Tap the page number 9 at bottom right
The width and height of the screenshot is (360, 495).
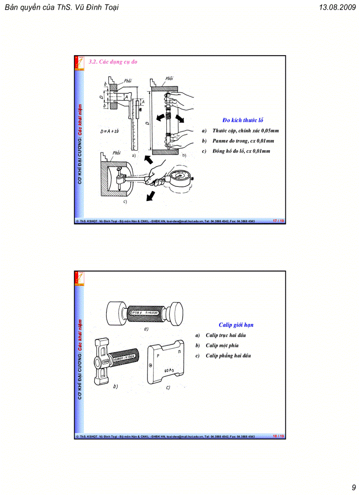[x=353, y=487]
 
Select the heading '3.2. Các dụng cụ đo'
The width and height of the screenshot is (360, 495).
[x=113, y=62]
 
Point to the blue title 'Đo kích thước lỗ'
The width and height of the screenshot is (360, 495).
[x=243, y=120]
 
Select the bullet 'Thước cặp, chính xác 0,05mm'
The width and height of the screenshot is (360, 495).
[x=245, y=130]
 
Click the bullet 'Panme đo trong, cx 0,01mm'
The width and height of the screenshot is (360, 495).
[x=243, y=141]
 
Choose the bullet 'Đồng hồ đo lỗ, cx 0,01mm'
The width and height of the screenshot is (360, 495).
[x=241, y=151]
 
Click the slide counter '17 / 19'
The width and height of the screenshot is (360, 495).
[x=278, y=220]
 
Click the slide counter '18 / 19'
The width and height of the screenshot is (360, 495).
[x=278, y=436]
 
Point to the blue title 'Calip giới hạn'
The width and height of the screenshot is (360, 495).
[x=236, y=325]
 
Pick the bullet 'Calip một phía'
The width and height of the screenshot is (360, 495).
[x=222, y=346]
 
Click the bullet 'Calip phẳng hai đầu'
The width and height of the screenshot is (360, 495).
[x=228, y=356]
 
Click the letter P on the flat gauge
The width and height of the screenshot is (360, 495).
[x=158, y=355]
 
